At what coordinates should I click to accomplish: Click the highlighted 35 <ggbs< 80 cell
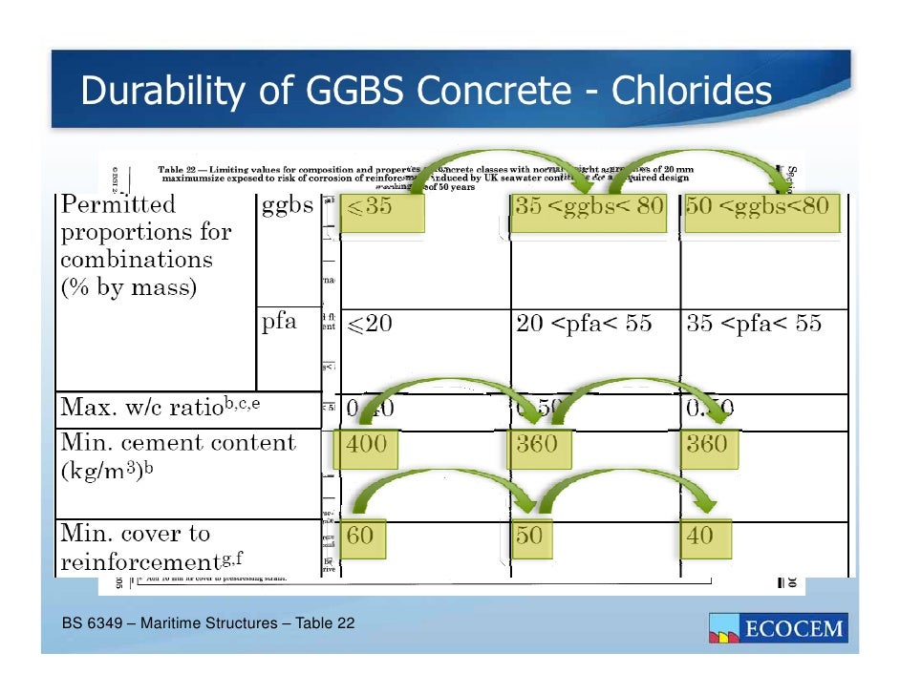tap(589, 209)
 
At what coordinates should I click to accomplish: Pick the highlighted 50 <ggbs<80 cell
tap(762, 209)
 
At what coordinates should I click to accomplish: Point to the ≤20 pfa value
tap(369, 324)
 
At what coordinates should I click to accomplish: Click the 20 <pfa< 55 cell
tap(584, 324)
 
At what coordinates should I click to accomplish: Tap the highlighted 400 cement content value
tap(367, 445)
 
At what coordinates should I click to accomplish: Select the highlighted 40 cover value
tap(700, 536)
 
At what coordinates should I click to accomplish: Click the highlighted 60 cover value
tap(361, 536)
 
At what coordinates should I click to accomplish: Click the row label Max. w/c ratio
tap(160, 409)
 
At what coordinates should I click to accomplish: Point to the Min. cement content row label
tap(179, 443)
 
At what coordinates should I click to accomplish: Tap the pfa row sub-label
tap(280, 323)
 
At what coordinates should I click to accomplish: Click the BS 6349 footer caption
tap(208, 624)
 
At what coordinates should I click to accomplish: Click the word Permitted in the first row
tap(118, 204)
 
